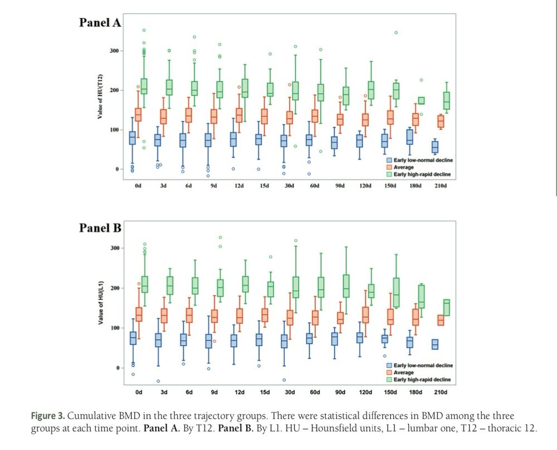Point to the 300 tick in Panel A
pos(115,51)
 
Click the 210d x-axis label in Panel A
pos(441,185)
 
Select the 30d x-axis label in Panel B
pos(290,392)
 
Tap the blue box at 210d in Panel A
pos(434,147)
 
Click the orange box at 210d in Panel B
pos(441,321)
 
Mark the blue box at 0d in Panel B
pos(133,338)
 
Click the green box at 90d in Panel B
pos(346,286)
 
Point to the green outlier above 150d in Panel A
pos(396,32)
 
